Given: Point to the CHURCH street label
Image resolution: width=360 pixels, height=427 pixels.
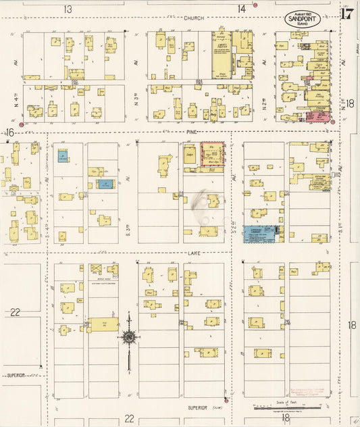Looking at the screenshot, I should point(193,18).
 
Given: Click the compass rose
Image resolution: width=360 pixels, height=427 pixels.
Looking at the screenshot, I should point(128,336).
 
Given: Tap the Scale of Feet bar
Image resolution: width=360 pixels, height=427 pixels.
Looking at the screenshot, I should point(281,408).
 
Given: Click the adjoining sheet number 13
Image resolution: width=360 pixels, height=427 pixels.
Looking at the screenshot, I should point(68,9).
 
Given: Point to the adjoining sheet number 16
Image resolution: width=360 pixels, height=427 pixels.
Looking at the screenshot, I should point(9,132).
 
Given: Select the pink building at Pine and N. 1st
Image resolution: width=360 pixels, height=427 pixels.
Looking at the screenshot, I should point(317,116).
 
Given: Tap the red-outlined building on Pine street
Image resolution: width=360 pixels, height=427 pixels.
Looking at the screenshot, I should point(213,153).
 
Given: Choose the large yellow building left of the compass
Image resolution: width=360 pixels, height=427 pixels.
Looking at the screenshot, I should point(102,325).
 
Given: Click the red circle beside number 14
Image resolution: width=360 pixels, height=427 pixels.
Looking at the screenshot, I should point(255,5).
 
